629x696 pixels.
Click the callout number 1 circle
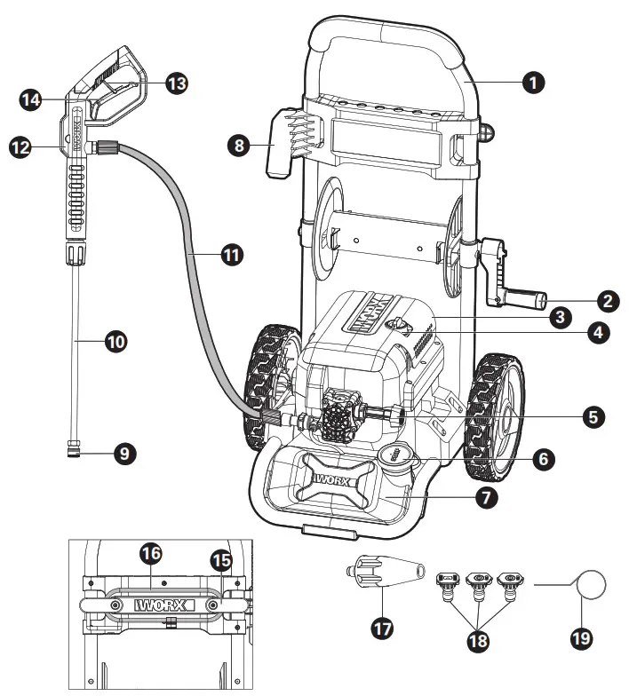pos(531,83)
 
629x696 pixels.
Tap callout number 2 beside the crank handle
pos(608,301)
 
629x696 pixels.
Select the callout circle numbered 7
pos(485,497)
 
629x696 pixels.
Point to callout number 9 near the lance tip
pos(123,454)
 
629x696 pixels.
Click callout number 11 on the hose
pos(231,255)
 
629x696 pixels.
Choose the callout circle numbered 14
pos(31,99)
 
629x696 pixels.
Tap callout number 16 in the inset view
pos(151,554)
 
